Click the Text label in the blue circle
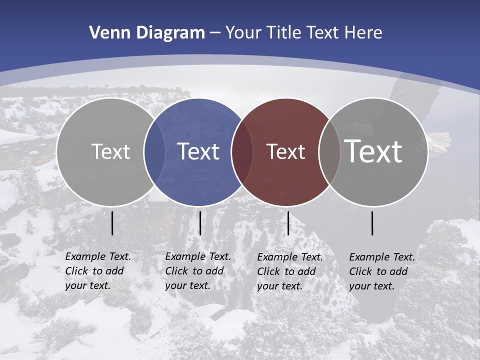(x=198, y=151)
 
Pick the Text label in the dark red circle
(x=285, y=151)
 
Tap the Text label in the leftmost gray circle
(x=111, y=151)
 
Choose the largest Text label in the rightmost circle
(x=373, y=151)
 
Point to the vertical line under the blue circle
(x=200, y=223)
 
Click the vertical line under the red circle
(x=288, y=223)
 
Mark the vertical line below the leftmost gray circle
(x=112, y=223)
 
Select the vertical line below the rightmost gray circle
(x=372, y=223)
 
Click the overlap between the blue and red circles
(x=242, y=152)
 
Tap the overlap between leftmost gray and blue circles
(x=154, y=152)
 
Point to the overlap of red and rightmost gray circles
(x=329, y=152)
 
